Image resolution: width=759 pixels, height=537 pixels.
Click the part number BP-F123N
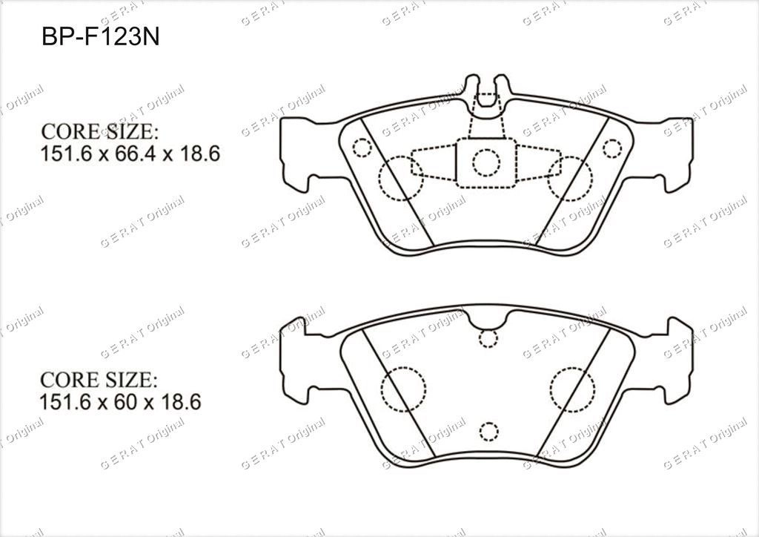[101, 36]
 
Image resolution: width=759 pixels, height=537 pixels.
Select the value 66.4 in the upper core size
[130, 154]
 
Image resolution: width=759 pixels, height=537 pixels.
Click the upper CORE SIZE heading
[100, 131]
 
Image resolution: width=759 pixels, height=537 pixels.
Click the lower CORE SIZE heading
[99, 380]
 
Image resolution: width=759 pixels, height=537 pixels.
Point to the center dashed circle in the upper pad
[486, 162]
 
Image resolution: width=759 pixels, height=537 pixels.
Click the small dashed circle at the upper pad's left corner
[361, 148]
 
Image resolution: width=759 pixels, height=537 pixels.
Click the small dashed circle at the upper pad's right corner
[611, 148]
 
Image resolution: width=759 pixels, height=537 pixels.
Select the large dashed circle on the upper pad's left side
[401, 178]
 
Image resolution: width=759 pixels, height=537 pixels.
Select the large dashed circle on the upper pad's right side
[570, 178]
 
